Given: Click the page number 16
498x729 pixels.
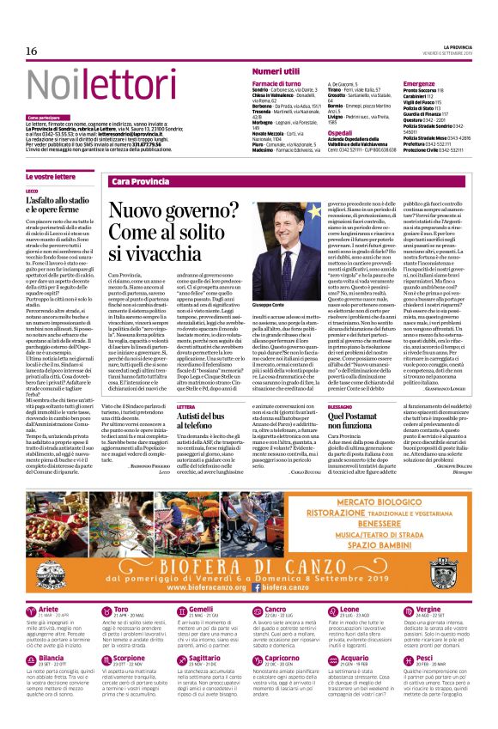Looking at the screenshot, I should coord(32,52).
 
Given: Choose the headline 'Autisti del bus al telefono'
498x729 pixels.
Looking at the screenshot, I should coord(204,419).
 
